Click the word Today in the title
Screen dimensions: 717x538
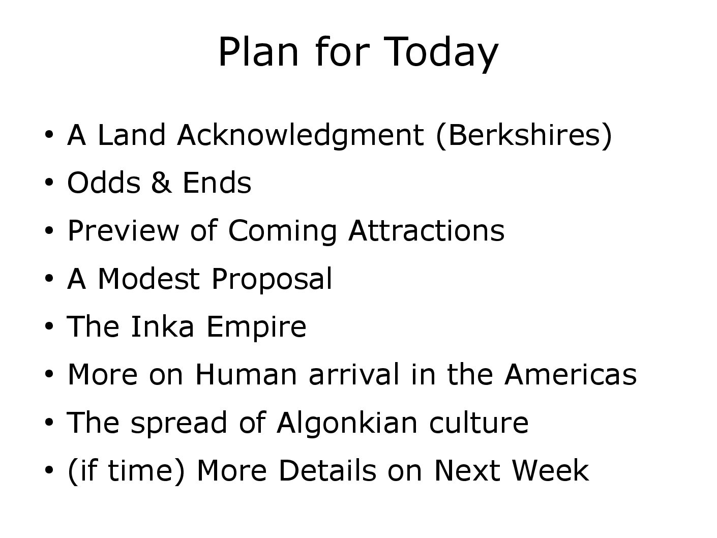[x=441, y=53]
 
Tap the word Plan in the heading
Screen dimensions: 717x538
[x=258, y=51]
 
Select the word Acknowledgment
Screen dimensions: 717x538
[x=301, y=136]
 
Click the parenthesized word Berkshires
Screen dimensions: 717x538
[x=524, y=136]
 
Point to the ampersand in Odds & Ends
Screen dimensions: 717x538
[x=161, y=183]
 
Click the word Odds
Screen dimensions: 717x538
[x=104, y=182]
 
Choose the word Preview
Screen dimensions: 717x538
[x=123, y=231]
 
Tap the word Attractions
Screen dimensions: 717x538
[x=427, y=231]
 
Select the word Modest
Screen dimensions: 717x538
[x=148, y=279]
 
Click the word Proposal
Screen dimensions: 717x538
[x=272, y=279]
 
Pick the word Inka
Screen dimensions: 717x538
[x=163, y=326]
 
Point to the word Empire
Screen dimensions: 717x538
[x=257, y=327]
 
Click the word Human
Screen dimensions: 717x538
[x=246, y=374]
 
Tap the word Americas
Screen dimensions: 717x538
[x=571, y=374]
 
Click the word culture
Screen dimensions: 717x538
[x=479, y=423]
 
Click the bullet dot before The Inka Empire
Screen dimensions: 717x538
[x=49, y=326]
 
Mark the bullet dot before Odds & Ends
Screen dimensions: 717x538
[x=49, y=182]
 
